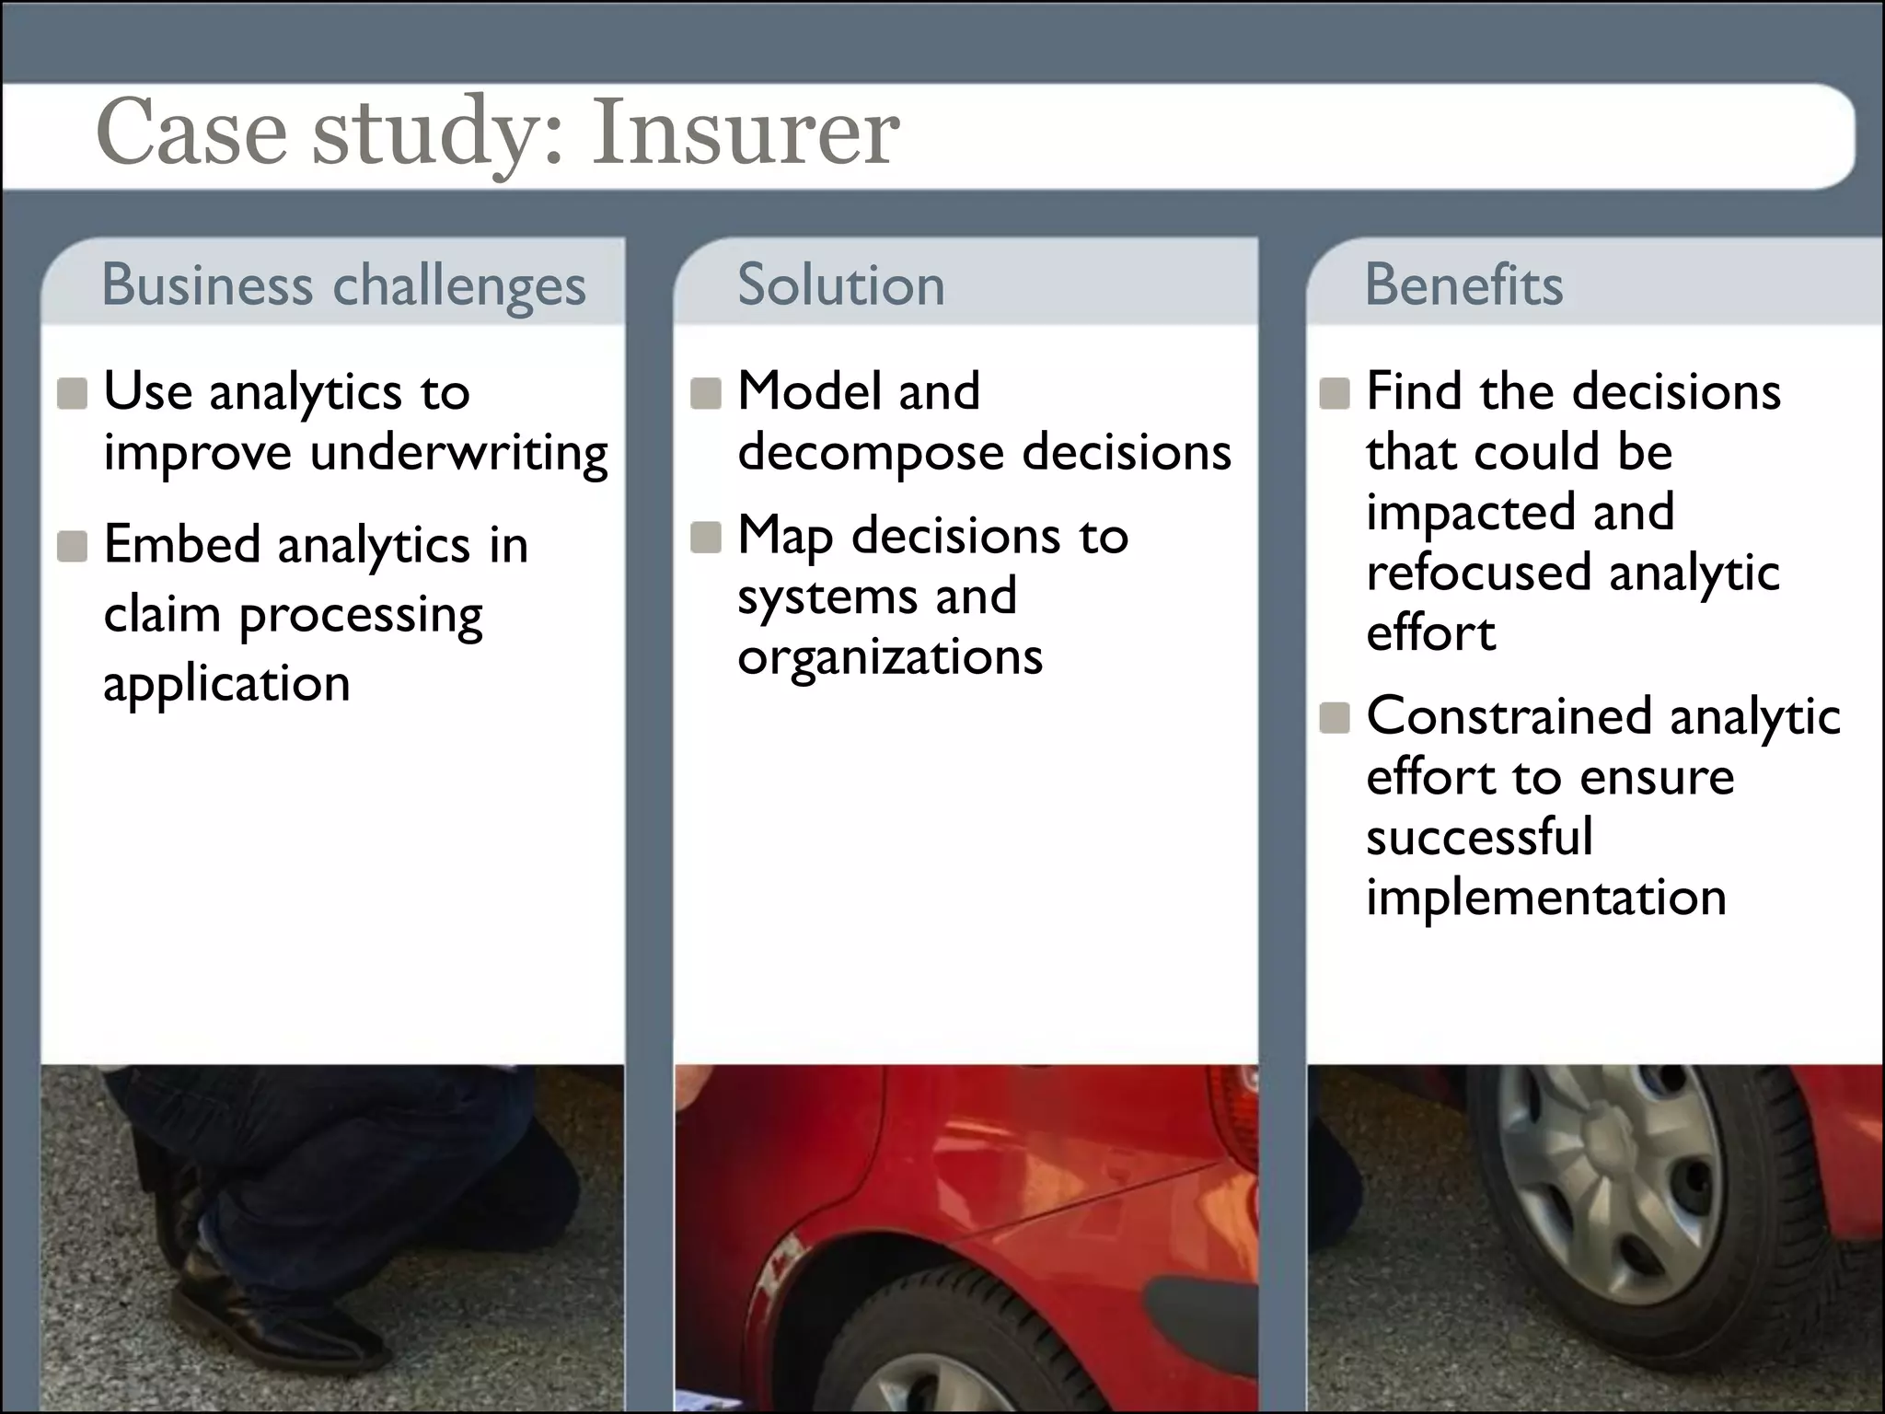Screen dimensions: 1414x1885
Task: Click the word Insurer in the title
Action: click(x=745, y=133)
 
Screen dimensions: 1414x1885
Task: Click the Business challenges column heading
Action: click(x=343, y=284)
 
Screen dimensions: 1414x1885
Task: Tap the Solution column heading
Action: click(x=841, y=284)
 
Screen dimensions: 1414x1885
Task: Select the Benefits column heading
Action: click(x=1463, y=284)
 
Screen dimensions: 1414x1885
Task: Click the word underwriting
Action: click(x=458, y=453)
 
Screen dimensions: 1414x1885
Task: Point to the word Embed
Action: click(x=181, y=544)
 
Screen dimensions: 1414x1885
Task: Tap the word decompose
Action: click(x=871, y=453)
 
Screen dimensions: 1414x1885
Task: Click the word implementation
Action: click(x=1546, y=897)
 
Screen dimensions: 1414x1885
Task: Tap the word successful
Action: click(x=1479, y=837)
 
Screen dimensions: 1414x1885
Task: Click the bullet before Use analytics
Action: click(x=72, y=393)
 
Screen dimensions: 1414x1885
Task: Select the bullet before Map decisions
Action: click(x=706, y=538)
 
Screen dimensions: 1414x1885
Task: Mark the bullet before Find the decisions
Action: click(x=1335, y=393)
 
